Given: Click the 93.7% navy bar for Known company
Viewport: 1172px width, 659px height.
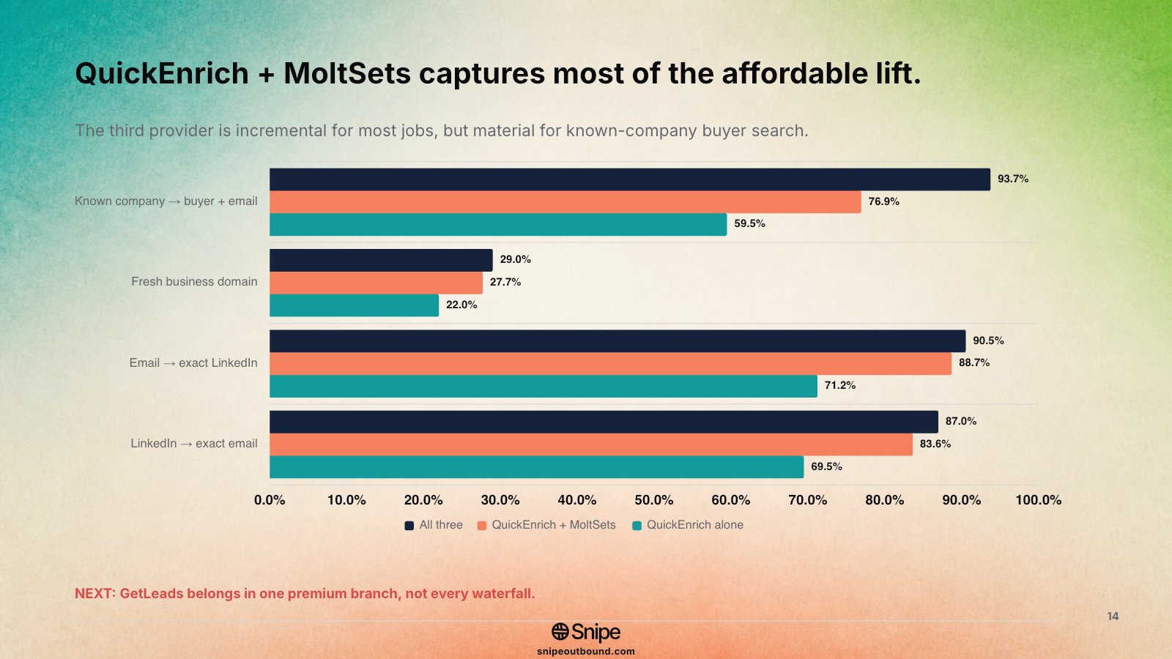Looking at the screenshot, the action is [630, 179].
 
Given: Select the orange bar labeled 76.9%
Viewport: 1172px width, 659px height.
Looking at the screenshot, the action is [565, 202].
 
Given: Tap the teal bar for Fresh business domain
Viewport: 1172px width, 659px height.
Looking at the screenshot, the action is [355, 305].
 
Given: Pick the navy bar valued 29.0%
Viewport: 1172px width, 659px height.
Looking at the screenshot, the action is [381, 260].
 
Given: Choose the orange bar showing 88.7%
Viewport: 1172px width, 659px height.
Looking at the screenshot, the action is [611, 363].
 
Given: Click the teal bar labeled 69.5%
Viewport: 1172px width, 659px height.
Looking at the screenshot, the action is [536, 467].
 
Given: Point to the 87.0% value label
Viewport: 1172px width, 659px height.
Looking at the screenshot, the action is [960, 421].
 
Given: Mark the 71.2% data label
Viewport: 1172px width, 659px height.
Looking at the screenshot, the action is [839, 385].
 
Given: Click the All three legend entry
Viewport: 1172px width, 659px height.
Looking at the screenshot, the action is [434, 525].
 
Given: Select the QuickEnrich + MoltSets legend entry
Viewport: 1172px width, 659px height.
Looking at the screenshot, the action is [546, 525].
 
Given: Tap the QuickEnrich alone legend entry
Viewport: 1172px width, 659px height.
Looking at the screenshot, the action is [688, 525].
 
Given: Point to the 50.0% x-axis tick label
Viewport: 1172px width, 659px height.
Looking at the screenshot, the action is [653, 501].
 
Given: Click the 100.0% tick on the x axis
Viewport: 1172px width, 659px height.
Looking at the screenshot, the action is [1039, 501].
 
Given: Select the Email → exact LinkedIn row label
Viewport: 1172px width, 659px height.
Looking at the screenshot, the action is [193, 363].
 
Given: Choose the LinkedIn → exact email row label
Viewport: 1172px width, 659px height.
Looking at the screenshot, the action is [193, 444].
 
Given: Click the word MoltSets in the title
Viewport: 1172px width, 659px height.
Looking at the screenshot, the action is [347, 73].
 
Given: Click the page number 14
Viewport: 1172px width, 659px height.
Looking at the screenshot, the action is [1113, 617].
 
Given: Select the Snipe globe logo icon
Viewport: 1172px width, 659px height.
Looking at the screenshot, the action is [560, 632].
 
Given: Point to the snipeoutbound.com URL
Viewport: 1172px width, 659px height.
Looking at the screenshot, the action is [586, 652].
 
